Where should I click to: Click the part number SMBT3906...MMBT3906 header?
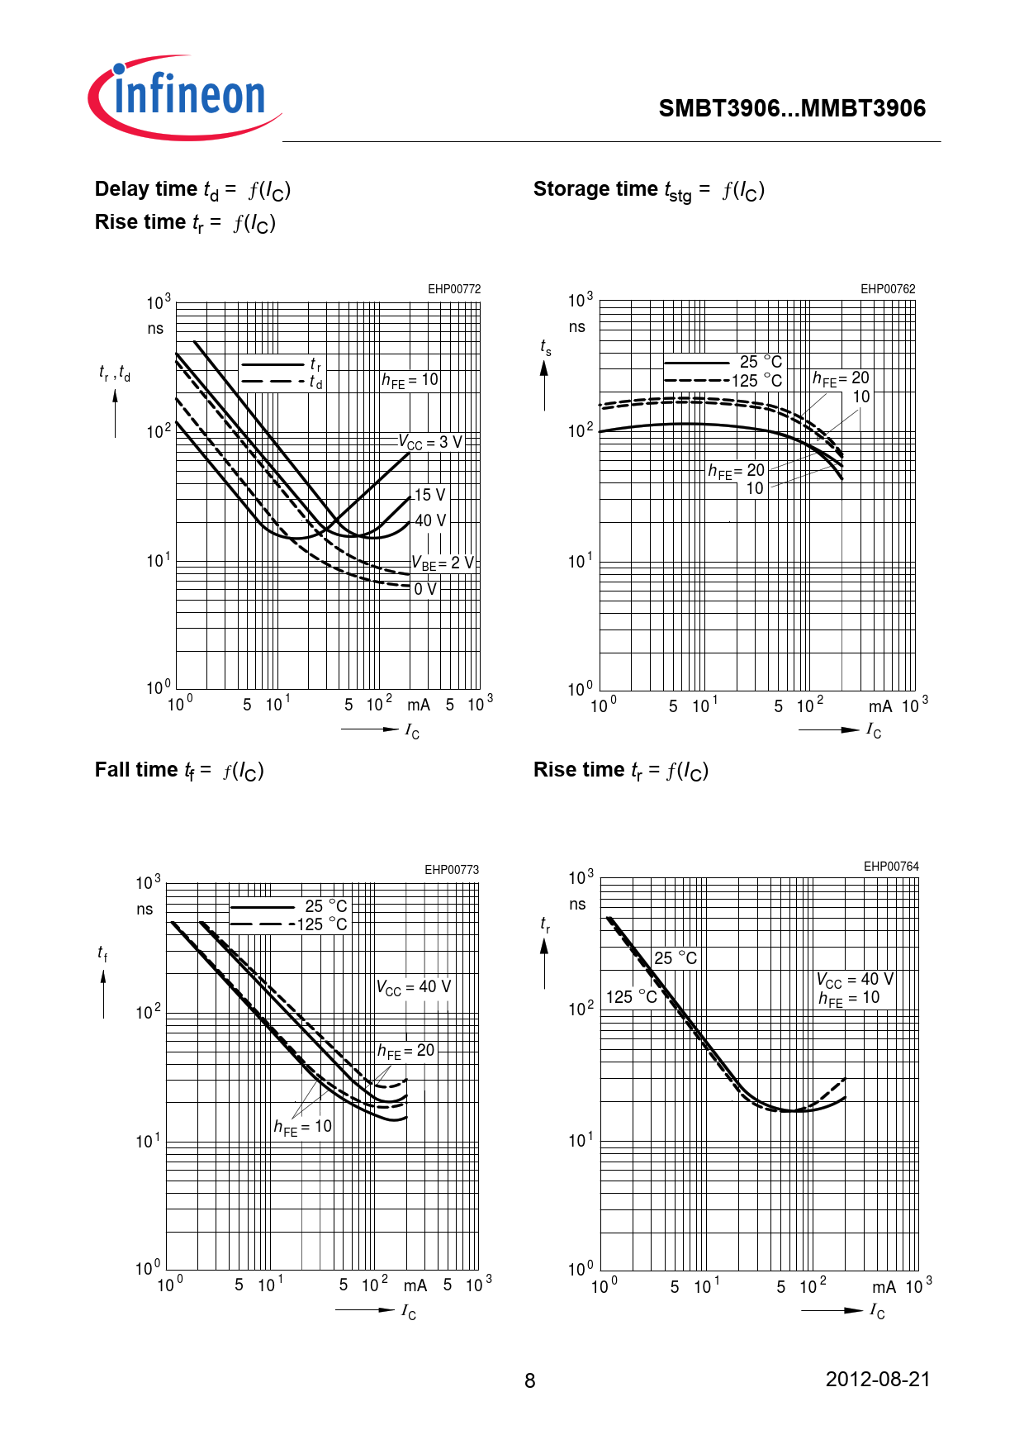[792, 108]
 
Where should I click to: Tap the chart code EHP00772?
[453, 289]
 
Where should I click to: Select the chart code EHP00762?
[888, 289]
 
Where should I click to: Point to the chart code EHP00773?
[452, 870]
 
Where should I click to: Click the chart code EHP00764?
[891, 867]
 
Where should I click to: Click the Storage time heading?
[648, 191]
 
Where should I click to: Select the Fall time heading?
[178, 771]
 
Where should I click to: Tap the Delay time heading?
[192, 190]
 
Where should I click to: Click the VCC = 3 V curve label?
[430, 443]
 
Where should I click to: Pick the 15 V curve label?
[429, 495]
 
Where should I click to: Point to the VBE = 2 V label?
[443, 563]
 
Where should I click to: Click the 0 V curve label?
[425, 589]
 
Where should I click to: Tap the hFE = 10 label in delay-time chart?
[410, 380]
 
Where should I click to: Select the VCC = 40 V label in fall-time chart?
[414, 987]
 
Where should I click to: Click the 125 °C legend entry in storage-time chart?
[756, 381]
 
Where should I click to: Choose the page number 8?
[530, 1381]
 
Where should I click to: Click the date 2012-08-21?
[878, 1380]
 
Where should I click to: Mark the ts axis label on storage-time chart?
[546, 347]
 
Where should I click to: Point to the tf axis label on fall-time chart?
[102, 953]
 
